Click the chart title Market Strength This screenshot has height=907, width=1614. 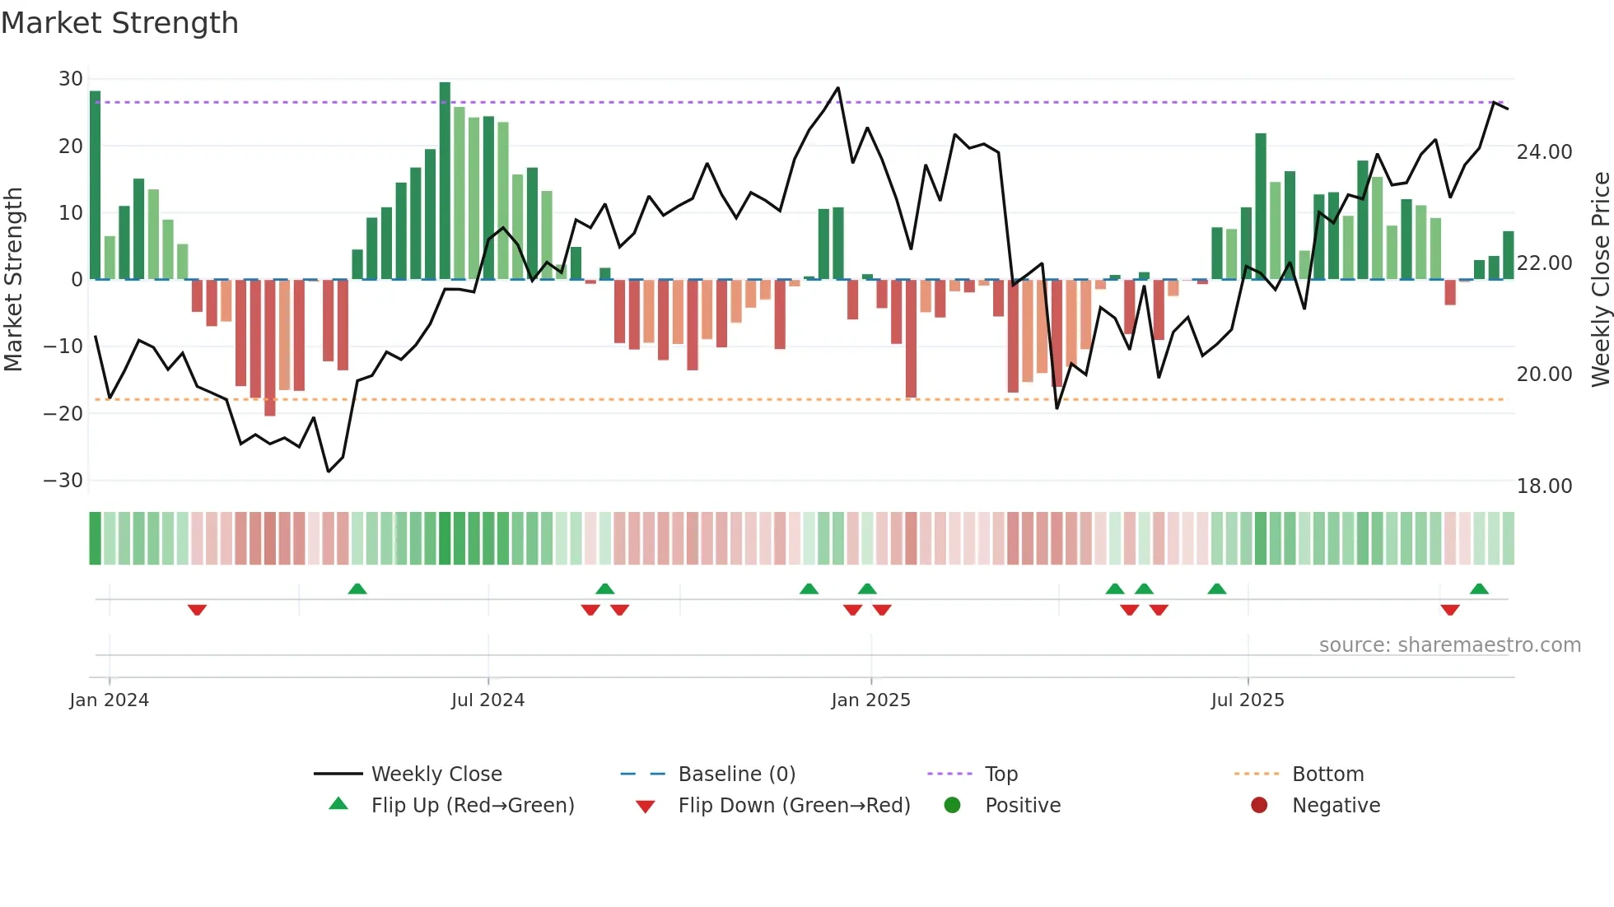(x=119, y=23)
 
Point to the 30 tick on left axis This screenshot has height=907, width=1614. (x=71, y=79)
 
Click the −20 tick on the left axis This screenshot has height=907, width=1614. (x=64, y=413)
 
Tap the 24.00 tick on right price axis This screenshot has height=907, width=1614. (x=1544, y=152)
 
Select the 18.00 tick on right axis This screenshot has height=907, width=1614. (x=1544, y=486)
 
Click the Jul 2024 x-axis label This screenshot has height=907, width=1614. (x=487, y=700)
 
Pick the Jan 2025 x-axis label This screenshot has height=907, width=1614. (x=870, y=700)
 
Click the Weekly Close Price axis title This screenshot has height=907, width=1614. (x=1600, y=280)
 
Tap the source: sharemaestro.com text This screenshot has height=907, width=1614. (x=1449, y=645)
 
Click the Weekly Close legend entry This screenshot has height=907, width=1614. (x=436, y=774)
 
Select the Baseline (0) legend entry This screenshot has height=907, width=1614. (x=736, y=774)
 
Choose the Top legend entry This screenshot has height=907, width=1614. (x=1001, y=774)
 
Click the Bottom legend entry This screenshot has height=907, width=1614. (x=1327, y=774)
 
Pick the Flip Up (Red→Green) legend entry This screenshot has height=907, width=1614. (x=472, y=806)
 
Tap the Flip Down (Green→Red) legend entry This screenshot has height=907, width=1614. (x=794, y=806)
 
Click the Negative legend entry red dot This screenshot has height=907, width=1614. (x=1259, y=805)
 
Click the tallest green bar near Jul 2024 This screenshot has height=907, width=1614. (x=445, y=181)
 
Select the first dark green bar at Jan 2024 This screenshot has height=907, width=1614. (x=96, y=185)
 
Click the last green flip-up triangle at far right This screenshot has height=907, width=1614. (x=1479, y=589)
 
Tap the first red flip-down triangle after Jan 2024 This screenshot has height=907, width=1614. (x=197, y=609)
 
